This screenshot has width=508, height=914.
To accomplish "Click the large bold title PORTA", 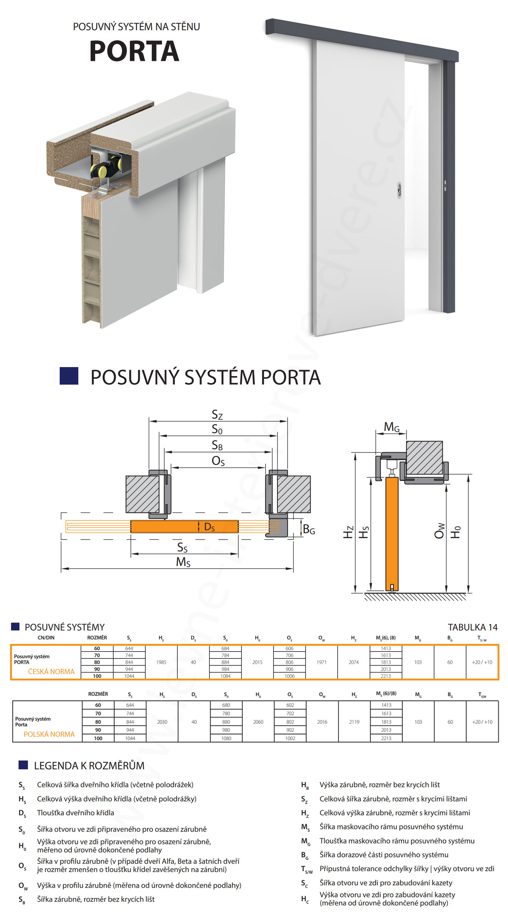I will (134, 51).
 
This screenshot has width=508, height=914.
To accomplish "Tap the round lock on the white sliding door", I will (399, 190).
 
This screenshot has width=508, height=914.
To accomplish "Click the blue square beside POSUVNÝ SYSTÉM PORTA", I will (69, 376).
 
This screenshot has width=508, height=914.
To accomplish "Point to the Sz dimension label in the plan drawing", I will (217, 414).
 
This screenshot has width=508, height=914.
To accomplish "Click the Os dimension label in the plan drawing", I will (218, 461).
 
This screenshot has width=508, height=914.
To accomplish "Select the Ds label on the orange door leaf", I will (209, 527).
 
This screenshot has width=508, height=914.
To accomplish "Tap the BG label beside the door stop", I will (309, 529).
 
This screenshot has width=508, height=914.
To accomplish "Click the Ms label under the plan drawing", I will (183, 562).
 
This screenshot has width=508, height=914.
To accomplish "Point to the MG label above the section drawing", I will (392, 427).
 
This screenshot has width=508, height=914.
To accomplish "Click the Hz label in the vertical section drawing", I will (348, 532).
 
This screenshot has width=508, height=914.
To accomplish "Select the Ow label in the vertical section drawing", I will (440, 530).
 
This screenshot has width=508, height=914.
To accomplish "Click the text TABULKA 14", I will (473, 627).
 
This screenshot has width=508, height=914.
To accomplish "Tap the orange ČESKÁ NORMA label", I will (51, 672).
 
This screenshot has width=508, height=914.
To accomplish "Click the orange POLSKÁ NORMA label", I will (49, 734).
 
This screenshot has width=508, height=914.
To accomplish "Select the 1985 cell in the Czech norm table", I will (161, 662).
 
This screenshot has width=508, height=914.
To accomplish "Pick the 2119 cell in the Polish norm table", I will (354, 722).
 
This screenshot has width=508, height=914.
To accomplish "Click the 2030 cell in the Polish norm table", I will (162, 722).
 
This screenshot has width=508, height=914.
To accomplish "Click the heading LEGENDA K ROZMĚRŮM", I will (89, 766).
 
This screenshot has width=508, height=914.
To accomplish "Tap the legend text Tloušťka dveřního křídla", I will (75, 813).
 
